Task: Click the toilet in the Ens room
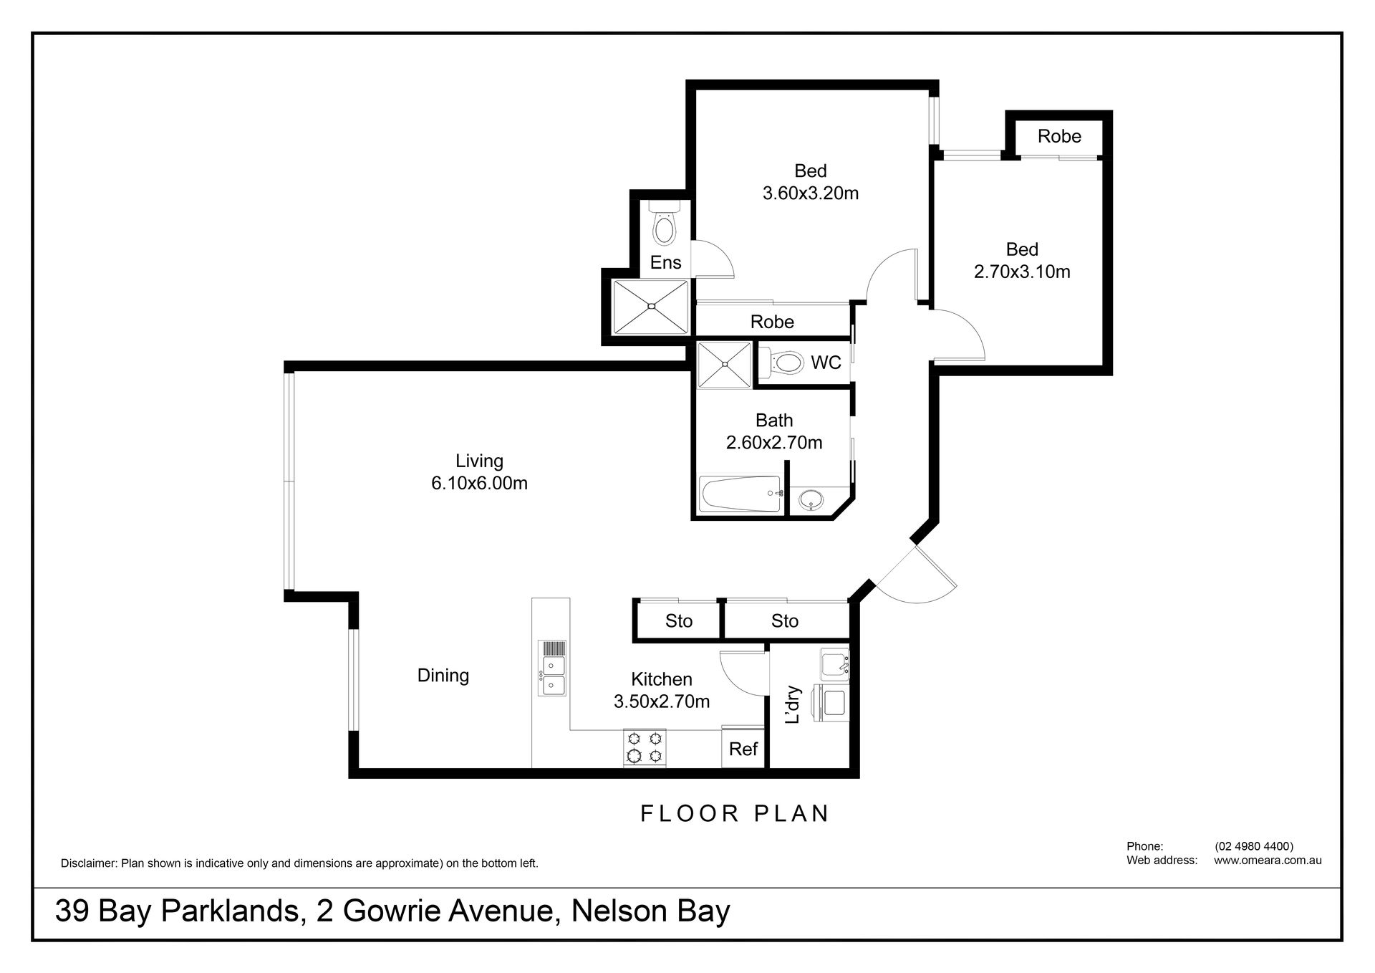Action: (x=664, y=224)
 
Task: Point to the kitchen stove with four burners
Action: (x=645, y=747)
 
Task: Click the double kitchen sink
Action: (x=553, y=668)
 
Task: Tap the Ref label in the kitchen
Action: (x=743, y=749)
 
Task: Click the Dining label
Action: (x=443, y=675)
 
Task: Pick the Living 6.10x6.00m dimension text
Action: (x=479, y=471)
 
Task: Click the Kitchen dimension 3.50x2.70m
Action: (x=662, y=701)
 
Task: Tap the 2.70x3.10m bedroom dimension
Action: (x=1022, y=272)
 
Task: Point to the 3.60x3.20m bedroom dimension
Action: (x=811, y=193)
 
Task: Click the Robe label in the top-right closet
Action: (x=1059, y=136)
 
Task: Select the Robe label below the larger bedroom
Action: (x=772, y=322)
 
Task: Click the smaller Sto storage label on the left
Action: (x=678, y=620)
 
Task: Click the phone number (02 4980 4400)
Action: (x=1254, y=846)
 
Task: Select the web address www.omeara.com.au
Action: (x=1268, y=861)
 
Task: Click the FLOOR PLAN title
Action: (x=735, y=813)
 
